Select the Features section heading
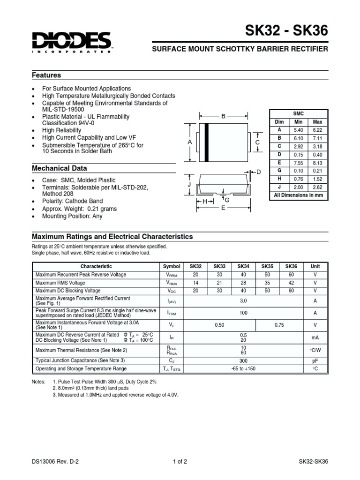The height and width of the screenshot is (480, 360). [46, 75]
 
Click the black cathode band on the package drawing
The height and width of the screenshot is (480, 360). [206, 142]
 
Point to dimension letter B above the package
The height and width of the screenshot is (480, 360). [224, 116]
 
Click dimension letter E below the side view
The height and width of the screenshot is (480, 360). [224, 208]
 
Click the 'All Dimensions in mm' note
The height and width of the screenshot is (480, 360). [299, 195]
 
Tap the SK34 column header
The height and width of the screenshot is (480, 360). [243, 266]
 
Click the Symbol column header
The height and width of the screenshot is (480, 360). [171, 266]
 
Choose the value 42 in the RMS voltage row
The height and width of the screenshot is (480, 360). [291, 283]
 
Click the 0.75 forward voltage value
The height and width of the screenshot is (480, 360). [279, 325]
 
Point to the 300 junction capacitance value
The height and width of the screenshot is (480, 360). [243, 360]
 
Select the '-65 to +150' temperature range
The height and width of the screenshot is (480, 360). [243, 369]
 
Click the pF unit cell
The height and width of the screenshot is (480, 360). [315, 360]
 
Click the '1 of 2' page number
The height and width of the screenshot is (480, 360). [180, 461]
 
